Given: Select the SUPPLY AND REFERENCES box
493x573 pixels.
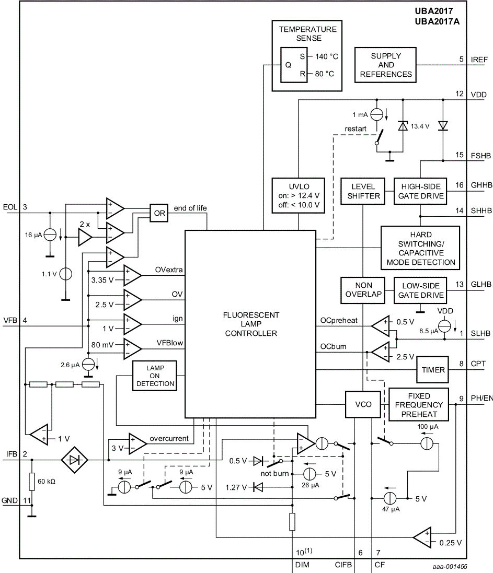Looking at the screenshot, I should pyautogui.click(x=386, y=65).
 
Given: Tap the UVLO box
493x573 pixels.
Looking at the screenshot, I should pyautogui.click(x=298, y=195).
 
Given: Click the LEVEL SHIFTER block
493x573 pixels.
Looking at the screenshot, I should pyautogui.click(x=363, y=191).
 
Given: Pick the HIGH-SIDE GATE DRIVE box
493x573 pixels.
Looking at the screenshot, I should pyautogui.click(x=421, y=191).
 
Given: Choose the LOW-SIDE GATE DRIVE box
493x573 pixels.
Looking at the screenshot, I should pyautogui.click(x=421, y=290).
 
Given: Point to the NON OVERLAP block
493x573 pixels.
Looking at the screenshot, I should pyautogui.click(x=363, y=290).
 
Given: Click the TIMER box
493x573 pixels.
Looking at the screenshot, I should pyautogui.click(x=433, y=370).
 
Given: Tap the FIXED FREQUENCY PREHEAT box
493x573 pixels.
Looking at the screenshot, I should pyautogui.click(x=419, y=404).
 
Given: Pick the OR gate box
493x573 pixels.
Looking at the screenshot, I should pyautogui.click(x=159, y=213).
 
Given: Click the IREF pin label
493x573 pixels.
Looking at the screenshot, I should pyautogui.click(x=478, y=60).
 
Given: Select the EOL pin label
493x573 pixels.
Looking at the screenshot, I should pyautogui.click(x=9, y=207).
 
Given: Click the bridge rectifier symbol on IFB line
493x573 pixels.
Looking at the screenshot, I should pyautogui.click(x=75, y=460).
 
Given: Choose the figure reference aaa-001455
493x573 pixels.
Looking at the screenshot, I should pyautogui.click(x=449, y=566).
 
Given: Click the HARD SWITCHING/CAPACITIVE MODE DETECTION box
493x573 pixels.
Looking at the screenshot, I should pyautogui.click(x=420, y=248).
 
